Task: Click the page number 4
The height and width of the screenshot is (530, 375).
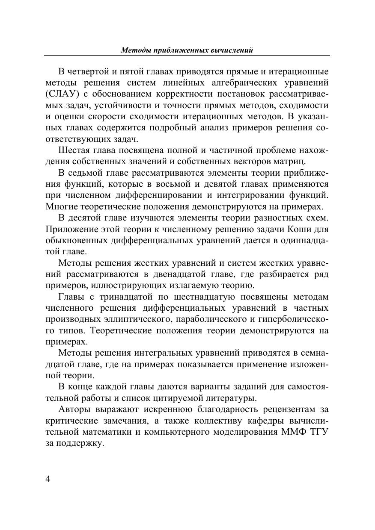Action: (x=48, y=479)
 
